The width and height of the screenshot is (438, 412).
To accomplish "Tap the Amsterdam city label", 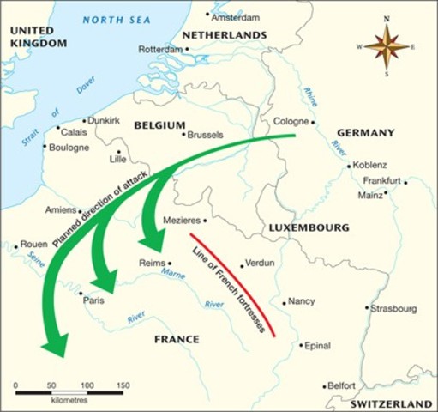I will (x=236, y=16).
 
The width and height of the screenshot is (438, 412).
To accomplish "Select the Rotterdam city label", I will (x=159, y=49).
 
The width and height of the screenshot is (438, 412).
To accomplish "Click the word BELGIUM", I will (x=159, y=125).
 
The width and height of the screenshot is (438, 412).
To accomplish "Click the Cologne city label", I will (x=289, y=121).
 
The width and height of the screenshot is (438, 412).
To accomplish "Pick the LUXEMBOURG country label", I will (x=309, y=228).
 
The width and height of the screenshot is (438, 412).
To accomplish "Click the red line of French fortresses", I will (x=231, y=283).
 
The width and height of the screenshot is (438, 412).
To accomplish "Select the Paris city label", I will (x=93, y=301).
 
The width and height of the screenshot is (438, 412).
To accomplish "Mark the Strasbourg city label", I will (x=394, y=308).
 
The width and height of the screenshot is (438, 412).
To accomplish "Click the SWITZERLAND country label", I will (x=391, y=403).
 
